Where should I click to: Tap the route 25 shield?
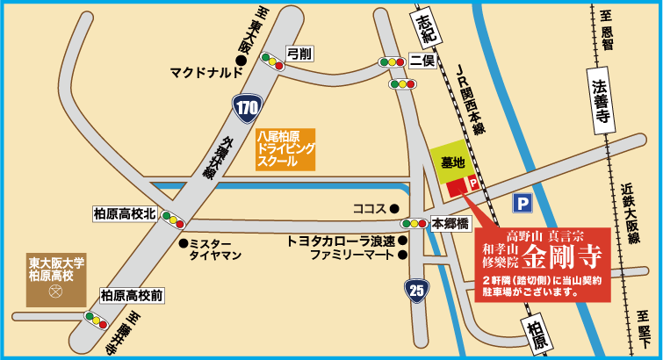417,288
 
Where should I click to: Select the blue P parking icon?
523,204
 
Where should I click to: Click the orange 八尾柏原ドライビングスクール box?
285,150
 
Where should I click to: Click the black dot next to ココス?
394,208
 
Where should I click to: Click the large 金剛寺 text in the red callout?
562,256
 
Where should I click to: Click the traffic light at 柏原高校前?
97,316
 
